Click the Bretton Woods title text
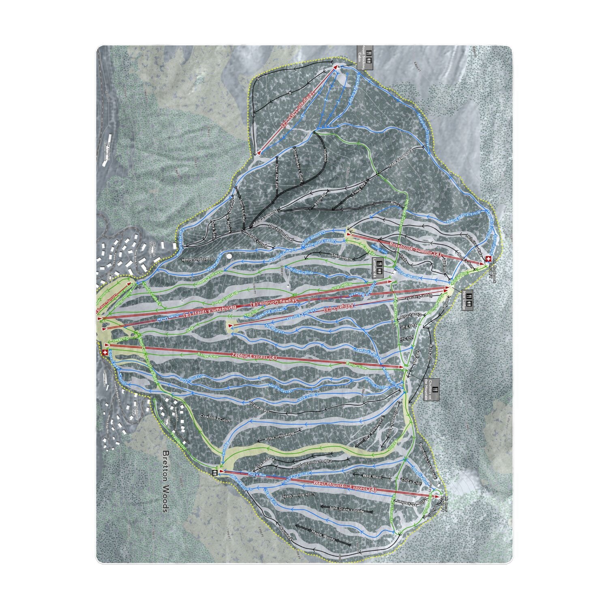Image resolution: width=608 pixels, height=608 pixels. tap(165, 482)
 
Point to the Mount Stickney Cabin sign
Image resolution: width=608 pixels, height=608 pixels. tap(365, 58)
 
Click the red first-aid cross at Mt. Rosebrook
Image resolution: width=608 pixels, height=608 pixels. tap(488, 258)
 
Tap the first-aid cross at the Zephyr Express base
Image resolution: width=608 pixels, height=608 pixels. tap(105, 352)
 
